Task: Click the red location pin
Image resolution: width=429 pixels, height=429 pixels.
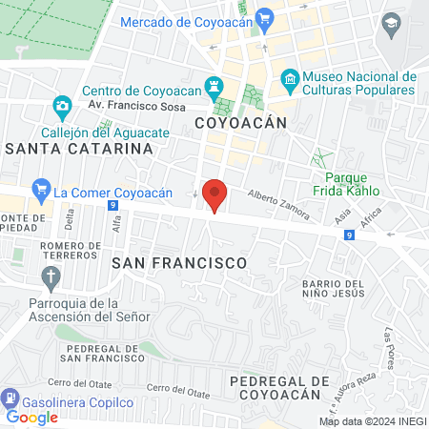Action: point(214,194)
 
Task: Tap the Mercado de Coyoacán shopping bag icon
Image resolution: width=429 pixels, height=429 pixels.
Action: point(266,18)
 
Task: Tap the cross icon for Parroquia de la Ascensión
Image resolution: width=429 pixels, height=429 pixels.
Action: point(51,277)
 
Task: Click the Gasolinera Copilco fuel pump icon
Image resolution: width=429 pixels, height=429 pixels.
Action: point(10,398)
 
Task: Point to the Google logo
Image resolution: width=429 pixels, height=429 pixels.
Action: point(31,417)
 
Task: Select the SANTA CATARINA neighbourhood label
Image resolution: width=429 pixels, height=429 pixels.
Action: point(79,149)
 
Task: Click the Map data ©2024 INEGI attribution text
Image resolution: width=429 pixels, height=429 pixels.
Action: point(372,421)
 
